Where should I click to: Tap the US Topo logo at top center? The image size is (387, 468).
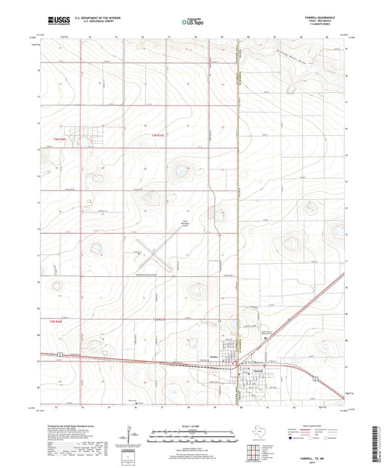pos(194,22)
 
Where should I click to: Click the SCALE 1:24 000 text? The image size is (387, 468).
pos(192,427)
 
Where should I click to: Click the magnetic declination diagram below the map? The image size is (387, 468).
pos(132,435)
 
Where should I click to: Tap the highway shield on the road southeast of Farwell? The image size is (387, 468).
pos(314,379)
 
